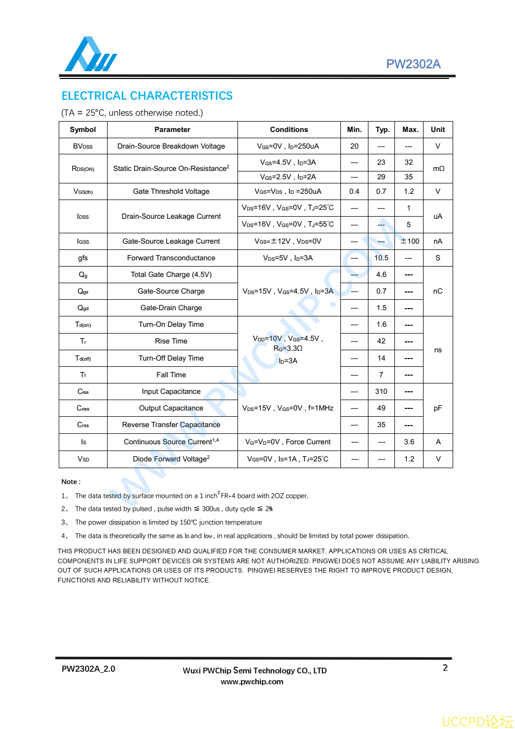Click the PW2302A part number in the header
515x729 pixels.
413,64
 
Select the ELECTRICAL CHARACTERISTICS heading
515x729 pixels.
147,96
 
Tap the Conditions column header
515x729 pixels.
289,129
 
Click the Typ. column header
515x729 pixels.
382,129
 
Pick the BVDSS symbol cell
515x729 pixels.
83,146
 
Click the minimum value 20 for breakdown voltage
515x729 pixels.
354,146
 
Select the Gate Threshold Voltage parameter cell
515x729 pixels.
171,191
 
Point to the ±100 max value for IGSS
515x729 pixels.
410,241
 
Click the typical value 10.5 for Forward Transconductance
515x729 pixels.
381,258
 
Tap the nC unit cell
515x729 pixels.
438,291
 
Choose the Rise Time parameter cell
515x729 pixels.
171,341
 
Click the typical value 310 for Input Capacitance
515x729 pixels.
381,391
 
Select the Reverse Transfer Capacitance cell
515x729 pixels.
171,425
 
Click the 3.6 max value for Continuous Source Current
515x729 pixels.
410,442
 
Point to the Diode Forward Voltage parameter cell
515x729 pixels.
171,459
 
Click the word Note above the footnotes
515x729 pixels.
70,482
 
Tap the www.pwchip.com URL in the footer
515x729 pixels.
252,682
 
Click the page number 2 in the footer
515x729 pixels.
445,668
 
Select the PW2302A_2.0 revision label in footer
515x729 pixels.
88,669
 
